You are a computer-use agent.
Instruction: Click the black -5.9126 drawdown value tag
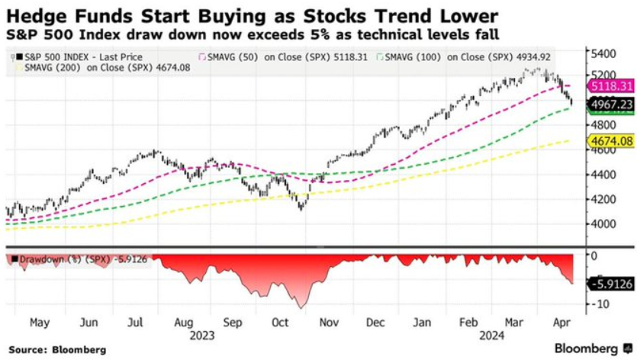point(610,284)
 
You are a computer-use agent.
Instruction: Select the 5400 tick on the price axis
point(602,54)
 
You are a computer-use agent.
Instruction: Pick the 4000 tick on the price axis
point(602,224)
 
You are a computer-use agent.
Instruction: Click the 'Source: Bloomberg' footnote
point(56,349)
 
